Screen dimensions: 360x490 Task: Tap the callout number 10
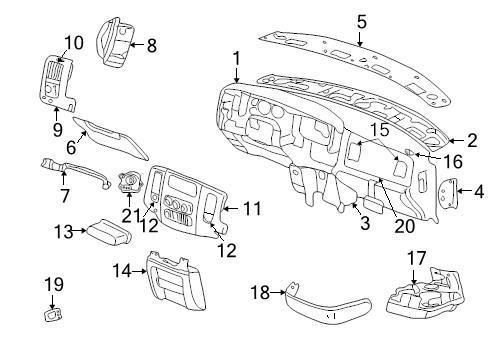(73, 42)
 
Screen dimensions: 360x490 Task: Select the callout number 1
(236, 59)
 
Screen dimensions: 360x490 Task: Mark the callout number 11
(251, 209)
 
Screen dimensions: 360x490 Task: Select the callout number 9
(57, 130)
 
